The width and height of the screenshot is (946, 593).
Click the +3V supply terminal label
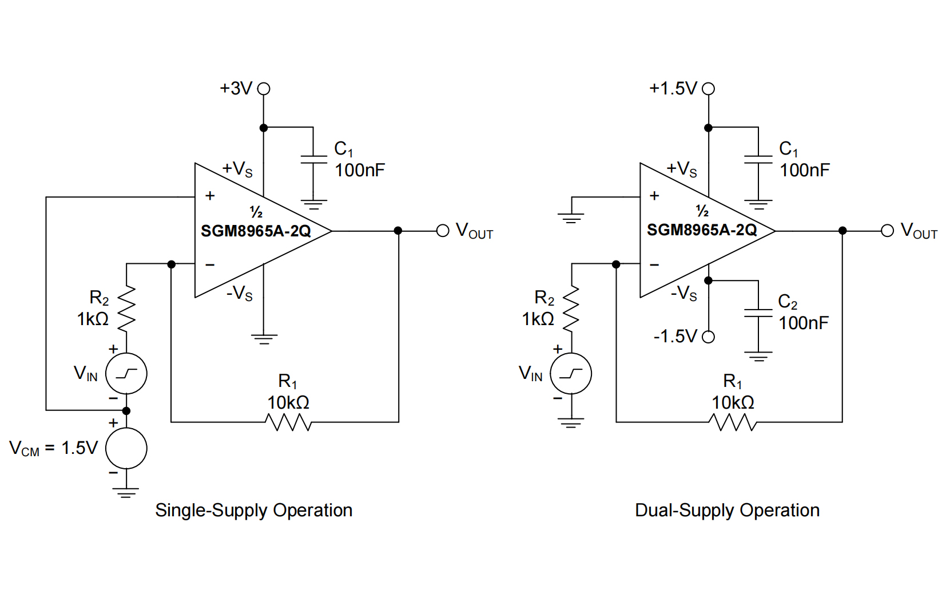(236, 89)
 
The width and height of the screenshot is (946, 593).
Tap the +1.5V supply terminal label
(673, 89)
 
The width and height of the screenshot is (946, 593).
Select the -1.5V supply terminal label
(675, 336)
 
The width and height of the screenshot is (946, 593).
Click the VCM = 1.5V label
(54, 448)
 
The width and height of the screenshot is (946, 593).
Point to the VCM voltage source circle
(126, 448)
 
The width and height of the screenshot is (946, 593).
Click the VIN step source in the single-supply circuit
(126, 374)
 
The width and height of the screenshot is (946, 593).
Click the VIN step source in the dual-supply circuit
(571, 374)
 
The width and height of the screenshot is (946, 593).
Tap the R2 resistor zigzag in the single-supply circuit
(126, 309)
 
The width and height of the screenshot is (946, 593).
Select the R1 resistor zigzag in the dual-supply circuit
(733, 422)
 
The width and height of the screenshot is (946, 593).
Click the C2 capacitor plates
(758, 313)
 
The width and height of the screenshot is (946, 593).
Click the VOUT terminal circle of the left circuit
(443, 231)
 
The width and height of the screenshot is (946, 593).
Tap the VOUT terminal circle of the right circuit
(887, 231)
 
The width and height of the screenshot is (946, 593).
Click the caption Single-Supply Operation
(253, 510)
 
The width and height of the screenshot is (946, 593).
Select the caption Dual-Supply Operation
(727, 510)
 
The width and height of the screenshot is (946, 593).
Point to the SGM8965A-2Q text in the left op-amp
(256, 231)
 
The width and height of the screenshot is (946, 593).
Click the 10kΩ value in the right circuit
(733, 402)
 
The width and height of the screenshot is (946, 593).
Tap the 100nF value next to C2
(804, 323)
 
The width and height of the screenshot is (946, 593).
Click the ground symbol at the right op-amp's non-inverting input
(571, 217)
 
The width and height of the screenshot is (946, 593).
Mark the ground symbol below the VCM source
(126, 492)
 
